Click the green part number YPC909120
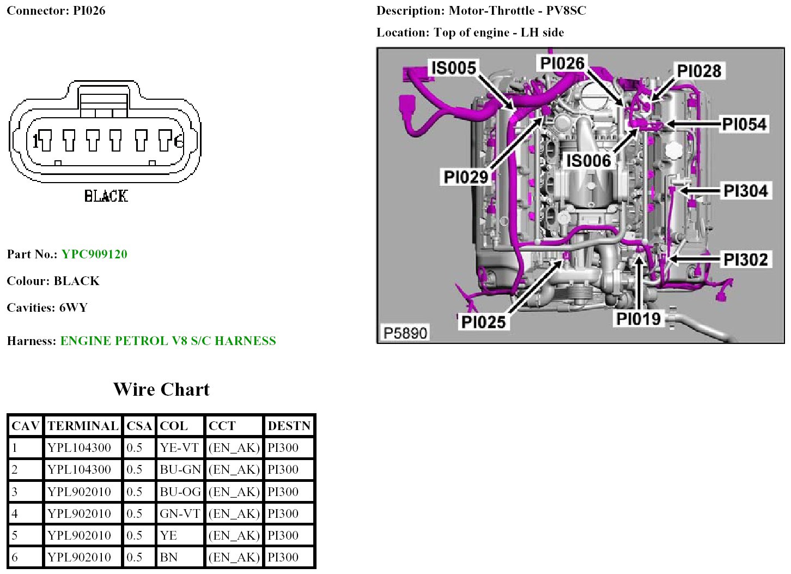pyautogui.click(x=94, y=254)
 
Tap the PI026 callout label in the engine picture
pyautogui.click(x=562, y=63)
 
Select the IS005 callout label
pyautogui.click(x=454, y=68)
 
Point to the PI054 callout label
pyautogui.click(x=744, y=124)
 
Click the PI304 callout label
pyautogui.click(x=745, y=191)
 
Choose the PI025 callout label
pyautogui.click(x=483, y=322)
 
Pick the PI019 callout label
pyautogui.click(x=638, y=319)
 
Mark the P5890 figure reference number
pyautogui.click(x=405, y=333)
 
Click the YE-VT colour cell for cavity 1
pyautogui.click(x=179, y=448)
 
